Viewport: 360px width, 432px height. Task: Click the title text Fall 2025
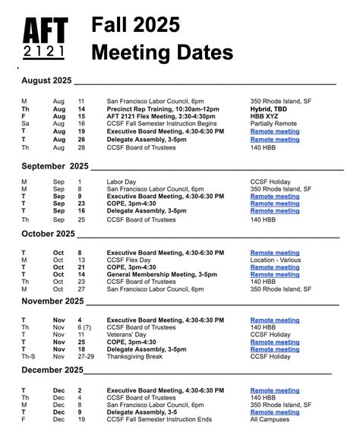136,25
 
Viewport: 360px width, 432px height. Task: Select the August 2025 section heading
46,80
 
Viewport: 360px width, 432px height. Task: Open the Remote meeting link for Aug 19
275,131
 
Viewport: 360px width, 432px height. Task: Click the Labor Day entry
122,181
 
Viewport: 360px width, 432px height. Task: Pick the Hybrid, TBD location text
270,109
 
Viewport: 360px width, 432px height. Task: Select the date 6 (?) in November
84,326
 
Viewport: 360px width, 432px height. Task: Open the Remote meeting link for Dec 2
275,390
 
